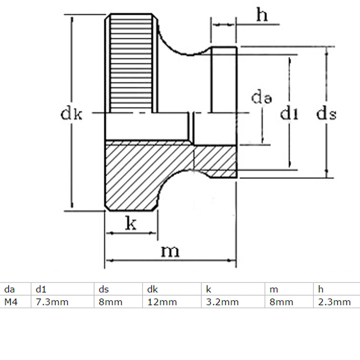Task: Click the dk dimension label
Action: pos(71,114)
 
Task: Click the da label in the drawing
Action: pos(261,98)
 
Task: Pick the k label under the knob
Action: pos(131,224)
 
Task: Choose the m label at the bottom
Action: pos(170,251)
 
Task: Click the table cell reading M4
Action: pos(11,302)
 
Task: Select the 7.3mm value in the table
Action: pos(52,302)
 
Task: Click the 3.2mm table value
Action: pos(222,302)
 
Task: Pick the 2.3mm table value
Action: pos(334,302)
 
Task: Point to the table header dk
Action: pos(153,289)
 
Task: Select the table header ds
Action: pos(104,289)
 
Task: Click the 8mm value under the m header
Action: pos(281,302)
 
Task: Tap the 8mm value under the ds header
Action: pos(110,302)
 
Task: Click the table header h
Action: pos(321,289)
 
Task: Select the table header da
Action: pos(9,289)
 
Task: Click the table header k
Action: pos(208,289)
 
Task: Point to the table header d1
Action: pos(41,289)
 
